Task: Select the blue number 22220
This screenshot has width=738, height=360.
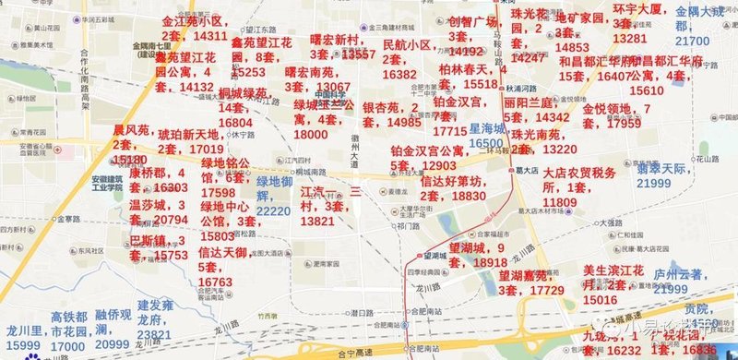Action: click(273, 210)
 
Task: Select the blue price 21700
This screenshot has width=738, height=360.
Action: click(692, 42)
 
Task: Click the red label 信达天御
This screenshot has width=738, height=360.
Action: click(221, 252)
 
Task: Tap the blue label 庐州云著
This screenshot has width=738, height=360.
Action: click(678, 273)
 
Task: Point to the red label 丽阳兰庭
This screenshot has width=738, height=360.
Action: click(529, 102)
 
